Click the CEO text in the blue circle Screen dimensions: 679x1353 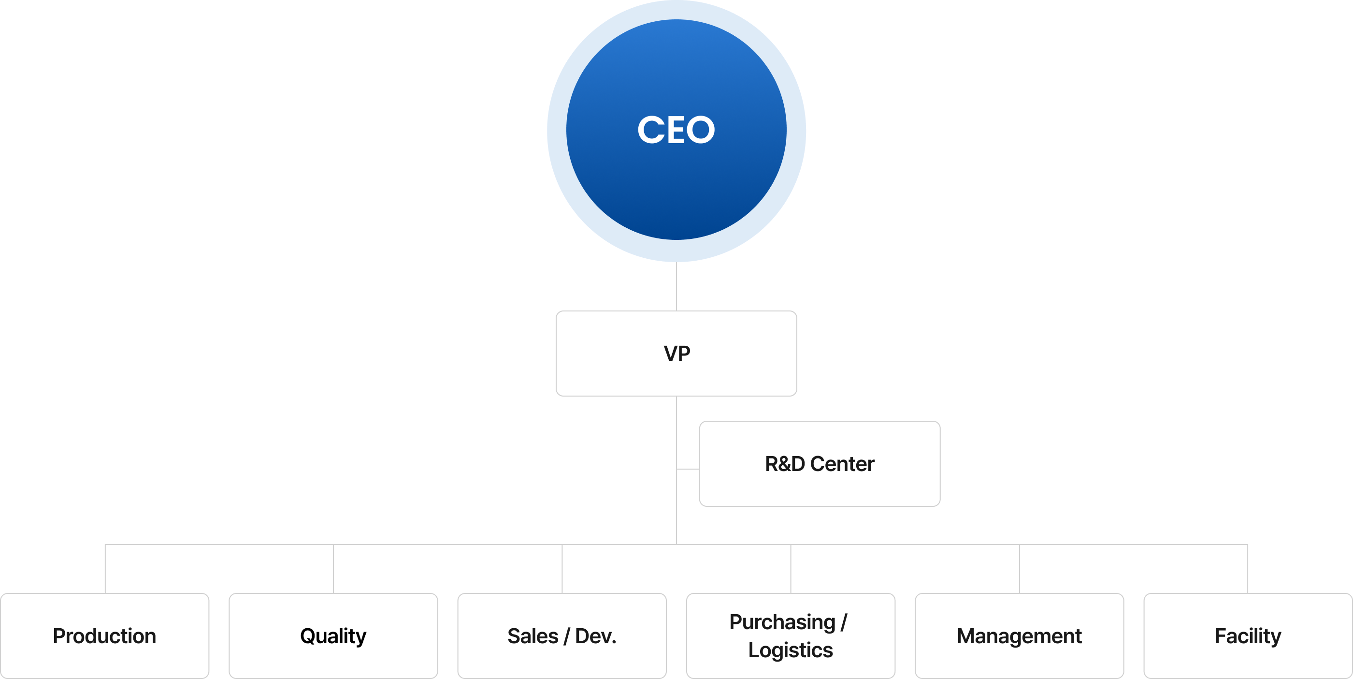point(676,130)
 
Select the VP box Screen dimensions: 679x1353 point(676,353)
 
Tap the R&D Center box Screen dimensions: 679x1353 point(820,463)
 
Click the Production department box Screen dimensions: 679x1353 point(104,636)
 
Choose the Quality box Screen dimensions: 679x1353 point(333,636)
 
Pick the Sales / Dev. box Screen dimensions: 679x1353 point(561,636)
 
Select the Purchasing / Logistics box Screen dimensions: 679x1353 point(791,636)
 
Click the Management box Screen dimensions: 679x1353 point(1019,636)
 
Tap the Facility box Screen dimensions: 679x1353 point(1248,636)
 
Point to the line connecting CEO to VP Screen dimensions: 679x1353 point(676,286)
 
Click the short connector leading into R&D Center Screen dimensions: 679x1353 point(688,468)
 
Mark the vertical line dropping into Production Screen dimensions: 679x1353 point(105,569)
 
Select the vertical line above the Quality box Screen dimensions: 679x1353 point(333,569)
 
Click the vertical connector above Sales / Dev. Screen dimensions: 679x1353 point(562,569)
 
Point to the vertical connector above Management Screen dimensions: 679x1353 point(1020,569)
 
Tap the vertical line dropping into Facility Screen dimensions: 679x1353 point(1248,569)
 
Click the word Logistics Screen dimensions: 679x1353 point(791,650)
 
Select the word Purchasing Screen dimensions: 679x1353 point(782,622)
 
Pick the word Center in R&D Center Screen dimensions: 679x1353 point(842,463)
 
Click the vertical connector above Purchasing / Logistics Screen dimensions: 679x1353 point(791,569)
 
